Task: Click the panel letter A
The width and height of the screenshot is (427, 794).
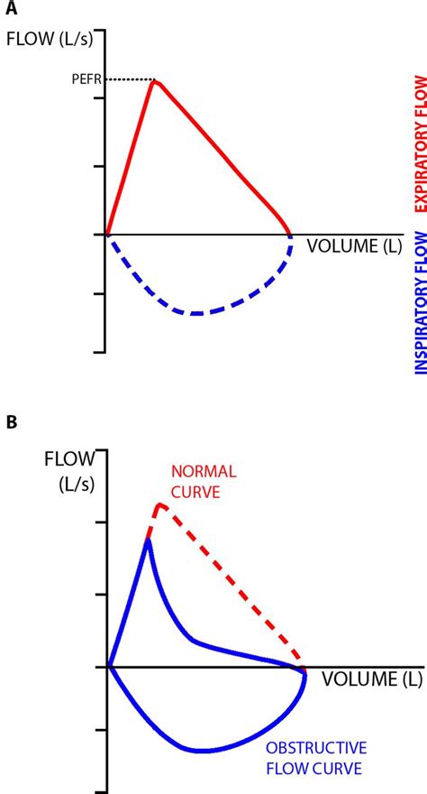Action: (11, 11)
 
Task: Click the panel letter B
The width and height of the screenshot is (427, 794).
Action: (11, 422)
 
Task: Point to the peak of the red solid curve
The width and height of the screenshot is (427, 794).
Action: (156, 81)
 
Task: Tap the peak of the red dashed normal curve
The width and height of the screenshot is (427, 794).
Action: (159, 504)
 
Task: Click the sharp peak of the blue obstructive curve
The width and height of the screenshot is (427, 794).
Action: (148, 539)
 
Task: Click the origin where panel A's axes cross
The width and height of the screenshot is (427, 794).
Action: (107, 235)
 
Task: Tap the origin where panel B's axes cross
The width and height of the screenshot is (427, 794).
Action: (109, 667)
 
